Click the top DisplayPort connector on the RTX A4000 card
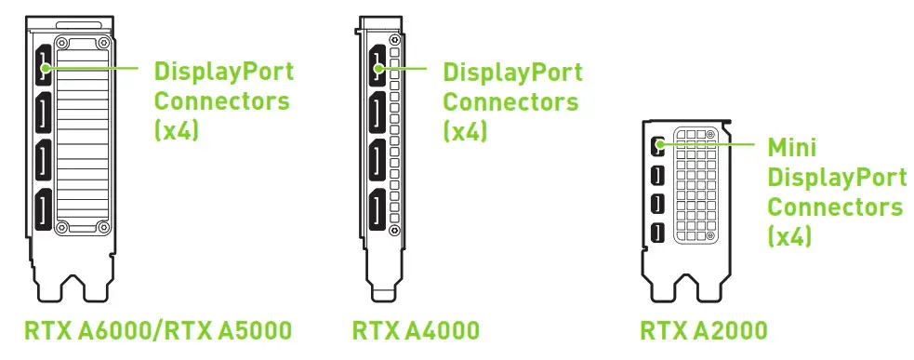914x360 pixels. pos(378,67)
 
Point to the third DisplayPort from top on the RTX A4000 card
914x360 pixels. pos(378,163)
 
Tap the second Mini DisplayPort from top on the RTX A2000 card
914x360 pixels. pos(658,174)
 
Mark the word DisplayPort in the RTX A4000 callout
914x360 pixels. pos(512,72)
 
